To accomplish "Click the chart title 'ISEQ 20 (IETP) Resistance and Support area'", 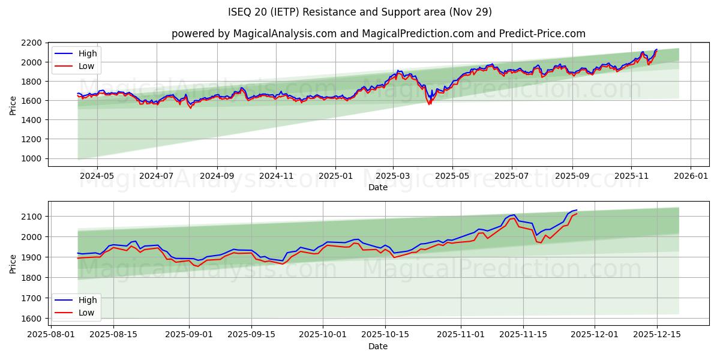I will tap(360, 12).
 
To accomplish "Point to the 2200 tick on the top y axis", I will tap(31, 43).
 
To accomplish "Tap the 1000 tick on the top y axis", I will tap(31, 158).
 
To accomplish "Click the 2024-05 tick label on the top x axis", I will tap(97, 176).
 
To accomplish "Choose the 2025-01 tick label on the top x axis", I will tap(335, 176).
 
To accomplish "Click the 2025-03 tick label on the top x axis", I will tap(393, 176).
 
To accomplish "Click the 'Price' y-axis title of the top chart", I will tap(13, 104).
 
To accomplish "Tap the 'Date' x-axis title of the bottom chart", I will tap(378, 346).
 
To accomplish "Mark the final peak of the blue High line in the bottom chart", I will tap(577, 210).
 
